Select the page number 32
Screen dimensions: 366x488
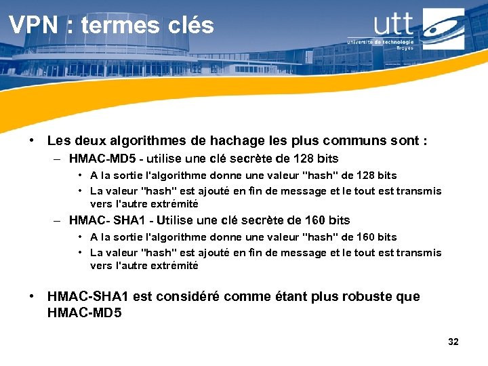(453, 342)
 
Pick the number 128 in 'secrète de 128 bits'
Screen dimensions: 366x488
(302, 159)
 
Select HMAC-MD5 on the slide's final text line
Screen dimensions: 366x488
(85, 312)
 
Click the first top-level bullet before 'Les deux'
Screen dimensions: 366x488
(32, 141)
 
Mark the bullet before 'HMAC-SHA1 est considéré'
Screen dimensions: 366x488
(32, 297)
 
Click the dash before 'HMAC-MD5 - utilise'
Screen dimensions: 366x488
(58, 159)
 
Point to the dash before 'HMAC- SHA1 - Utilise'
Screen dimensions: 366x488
(58, 221)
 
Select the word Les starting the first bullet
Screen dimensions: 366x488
(58, 141)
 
